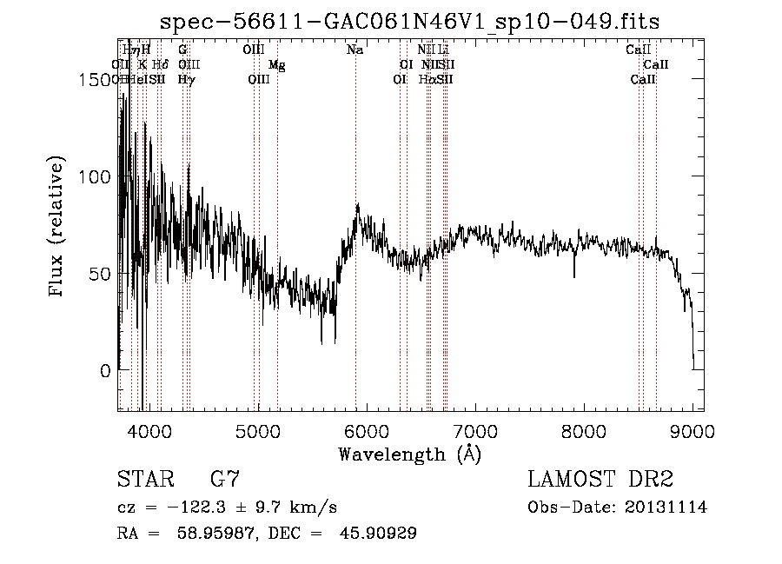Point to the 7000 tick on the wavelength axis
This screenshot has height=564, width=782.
475,430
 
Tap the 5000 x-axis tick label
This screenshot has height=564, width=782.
258,430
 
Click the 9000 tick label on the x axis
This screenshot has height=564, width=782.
693,430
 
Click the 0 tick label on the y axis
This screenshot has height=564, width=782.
105,370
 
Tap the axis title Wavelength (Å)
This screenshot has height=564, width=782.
409,454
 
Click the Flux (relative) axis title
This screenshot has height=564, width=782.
58,228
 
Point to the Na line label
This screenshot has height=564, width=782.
355,50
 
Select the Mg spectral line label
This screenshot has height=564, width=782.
276,65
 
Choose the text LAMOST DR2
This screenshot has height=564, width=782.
600,480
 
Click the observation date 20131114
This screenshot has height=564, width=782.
666,508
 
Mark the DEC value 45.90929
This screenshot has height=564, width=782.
380,534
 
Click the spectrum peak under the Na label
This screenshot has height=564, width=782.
357,205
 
